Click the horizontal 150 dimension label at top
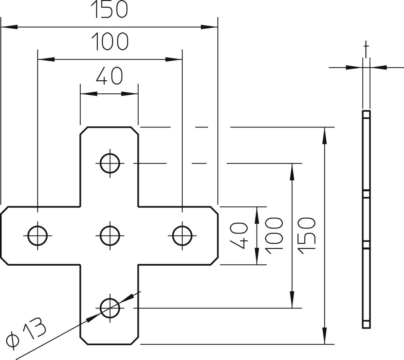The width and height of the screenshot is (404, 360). pos(109,9)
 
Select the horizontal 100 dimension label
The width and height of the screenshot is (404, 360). pos(110,42)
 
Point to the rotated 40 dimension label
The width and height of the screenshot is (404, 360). pos(239,235)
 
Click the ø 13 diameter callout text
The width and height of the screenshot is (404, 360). pos(26,333)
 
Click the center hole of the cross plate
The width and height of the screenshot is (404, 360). pos(110,235)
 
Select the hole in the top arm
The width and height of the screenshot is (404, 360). pos(110,163)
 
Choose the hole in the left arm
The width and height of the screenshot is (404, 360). pos(38,235)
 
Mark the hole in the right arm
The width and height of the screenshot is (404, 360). pos(182,235)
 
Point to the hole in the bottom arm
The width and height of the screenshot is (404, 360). pos(110,308)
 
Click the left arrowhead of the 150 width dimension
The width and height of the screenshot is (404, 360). pos(9,27)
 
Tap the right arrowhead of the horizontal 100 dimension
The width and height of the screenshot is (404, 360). pos(174,59)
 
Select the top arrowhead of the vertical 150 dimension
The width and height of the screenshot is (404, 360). pos(325,135)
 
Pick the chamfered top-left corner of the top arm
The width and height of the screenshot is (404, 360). pos(84,130)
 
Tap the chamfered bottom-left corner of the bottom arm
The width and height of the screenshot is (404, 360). pos(84,341)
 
